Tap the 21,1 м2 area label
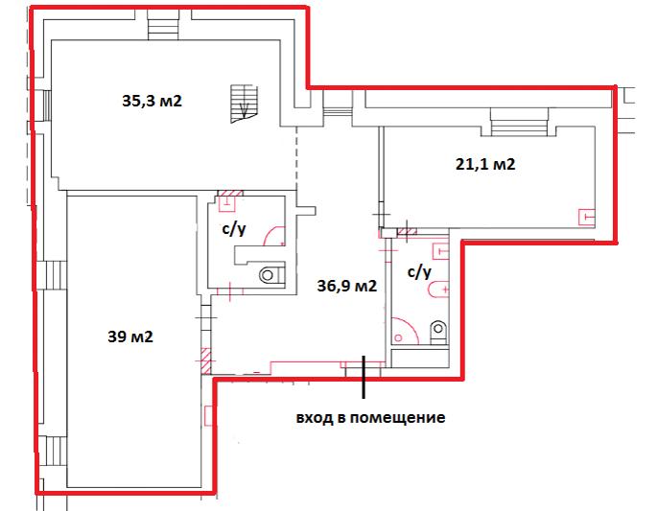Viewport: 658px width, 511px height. [484, 164]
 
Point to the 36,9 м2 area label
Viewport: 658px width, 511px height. [346, 285]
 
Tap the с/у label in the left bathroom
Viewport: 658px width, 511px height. [234, 230]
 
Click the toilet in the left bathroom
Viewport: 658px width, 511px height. [269, 275]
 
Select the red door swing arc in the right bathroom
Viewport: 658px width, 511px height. [404, 332]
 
